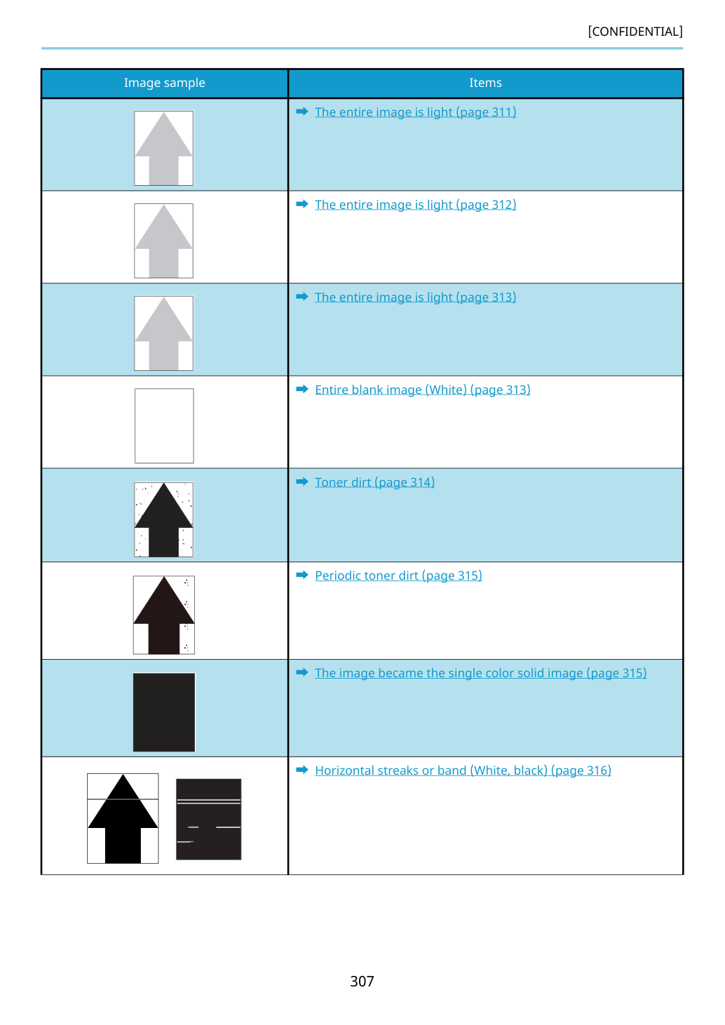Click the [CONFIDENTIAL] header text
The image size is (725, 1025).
click(635, 32)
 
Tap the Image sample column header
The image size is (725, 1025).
click(164, 83)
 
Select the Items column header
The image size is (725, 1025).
click(485, 83)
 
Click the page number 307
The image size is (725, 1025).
click(362, 981)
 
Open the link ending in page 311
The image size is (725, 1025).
click(415, 112)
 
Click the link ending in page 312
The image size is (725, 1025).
click(415, 205)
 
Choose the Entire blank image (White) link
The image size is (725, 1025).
click(423, 389)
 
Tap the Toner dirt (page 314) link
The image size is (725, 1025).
click(374, 482)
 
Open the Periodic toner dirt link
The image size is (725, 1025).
click(398, 575)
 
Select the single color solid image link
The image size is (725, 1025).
click(480, 672)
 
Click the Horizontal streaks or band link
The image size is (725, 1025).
click(463, 770)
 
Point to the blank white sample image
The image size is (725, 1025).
click(164, 426)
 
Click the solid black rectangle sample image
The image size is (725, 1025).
click(164, 712)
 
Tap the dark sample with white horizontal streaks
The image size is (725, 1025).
click(209, 819)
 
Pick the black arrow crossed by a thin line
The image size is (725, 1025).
click(123, 818)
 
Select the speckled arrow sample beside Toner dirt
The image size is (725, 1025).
click(163, 520)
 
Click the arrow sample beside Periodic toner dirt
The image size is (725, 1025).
click(164, 615)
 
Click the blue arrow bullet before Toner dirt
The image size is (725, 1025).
click(302, 482)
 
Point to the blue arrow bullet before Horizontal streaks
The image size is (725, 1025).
click(302, 770)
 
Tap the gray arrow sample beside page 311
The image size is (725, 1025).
click(163, 148)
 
